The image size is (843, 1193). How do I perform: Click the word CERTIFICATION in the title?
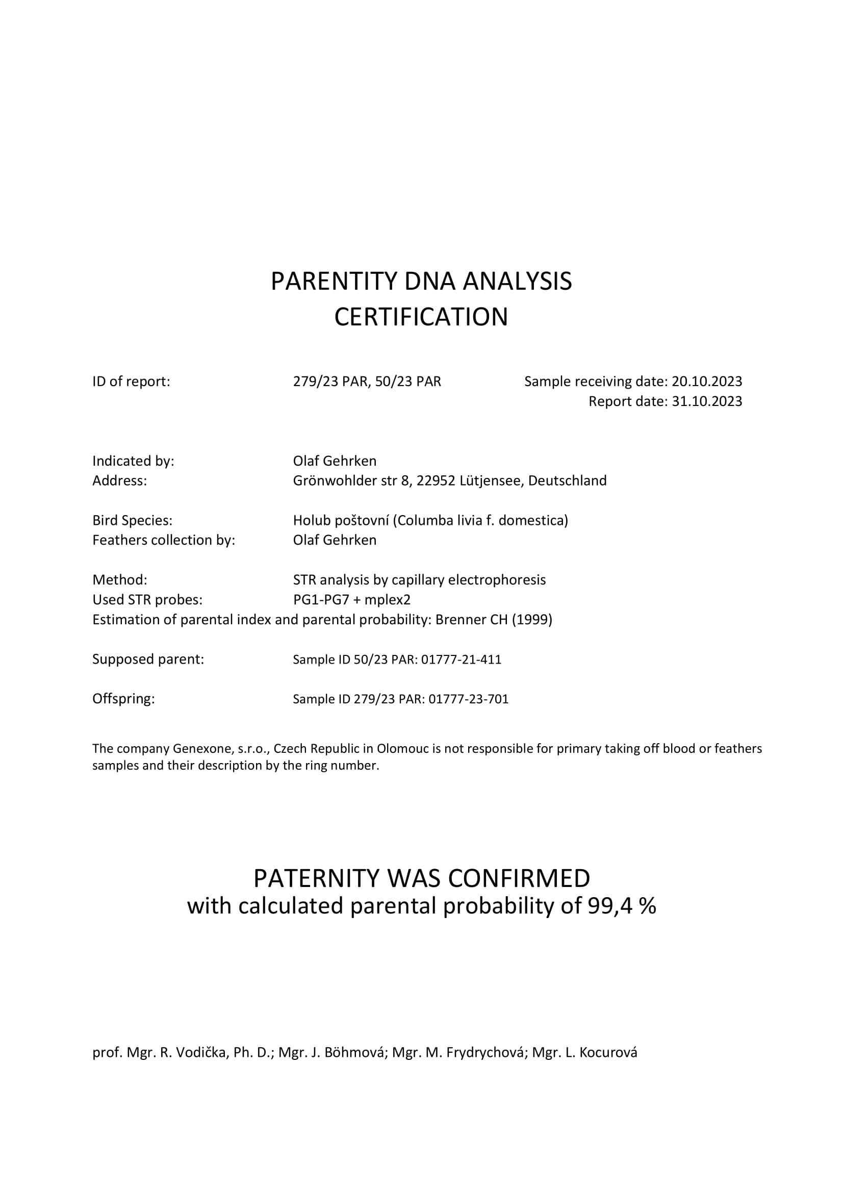pyautogui.click(x=421, y=317)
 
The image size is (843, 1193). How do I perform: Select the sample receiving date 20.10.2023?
pyautogui.click(x=706, y=382)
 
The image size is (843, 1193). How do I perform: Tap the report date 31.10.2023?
pyautogui.click(x=706, y=401)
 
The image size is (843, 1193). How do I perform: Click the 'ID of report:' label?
pyautogui.click(x=131, y=382)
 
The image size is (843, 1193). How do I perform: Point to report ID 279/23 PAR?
pyautogui.click(x=331, y=382)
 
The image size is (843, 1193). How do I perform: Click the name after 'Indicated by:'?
pyautogui.click(x=335, y=461)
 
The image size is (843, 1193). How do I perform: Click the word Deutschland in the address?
pyautogui.click(x=567, y=480)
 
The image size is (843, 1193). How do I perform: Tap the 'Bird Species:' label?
pyautogui.click(x=132, y=520)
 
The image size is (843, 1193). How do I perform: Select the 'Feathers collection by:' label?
pyautogui.click(x=164, y=540)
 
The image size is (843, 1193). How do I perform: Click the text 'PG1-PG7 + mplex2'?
pyautogui.click(x=352, y=600)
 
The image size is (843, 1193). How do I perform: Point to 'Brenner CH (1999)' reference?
pyautogui.click(x=494, y=619)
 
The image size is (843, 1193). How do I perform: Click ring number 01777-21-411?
pyautogui.click(x=461, y=659)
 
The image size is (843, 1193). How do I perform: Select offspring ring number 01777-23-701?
pyautogui.click(x=468, y=699)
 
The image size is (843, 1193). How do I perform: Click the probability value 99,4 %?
pyautogui.click(x=621, y=906)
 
